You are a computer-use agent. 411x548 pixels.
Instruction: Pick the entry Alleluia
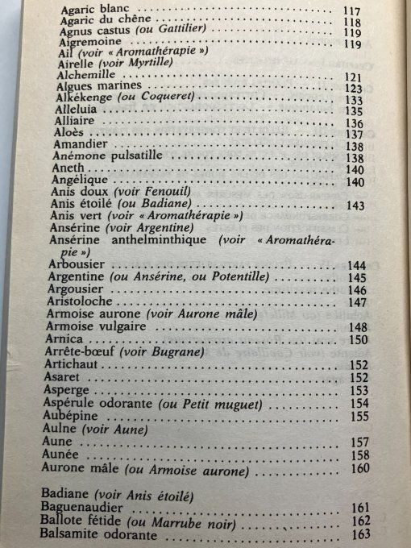(x=78, y=110)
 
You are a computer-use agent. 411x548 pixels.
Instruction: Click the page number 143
(x=354, y=205)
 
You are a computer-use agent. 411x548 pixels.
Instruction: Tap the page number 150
(x=358, y=340)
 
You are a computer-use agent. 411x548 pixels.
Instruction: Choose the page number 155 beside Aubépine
(x=359, y=416)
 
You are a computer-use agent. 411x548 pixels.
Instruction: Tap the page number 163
(x=360, y=533)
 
